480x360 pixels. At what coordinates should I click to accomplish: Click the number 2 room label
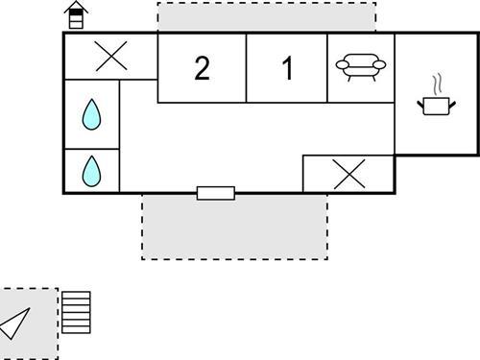[x=202, y=69]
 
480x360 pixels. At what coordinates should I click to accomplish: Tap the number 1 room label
[x=287, y=69]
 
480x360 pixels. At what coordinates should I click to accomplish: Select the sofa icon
[x=360, y=66]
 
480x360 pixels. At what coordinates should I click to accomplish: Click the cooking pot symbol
[x=436, y=105]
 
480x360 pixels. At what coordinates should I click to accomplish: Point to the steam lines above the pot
[x=437, y=83]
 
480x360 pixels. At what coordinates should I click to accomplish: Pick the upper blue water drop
[x=91, y=115]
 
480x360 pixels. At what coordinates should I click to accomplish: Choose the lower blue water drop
[x=91, y=171]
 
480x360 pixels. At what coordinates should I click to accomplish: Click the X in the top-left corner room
[x=111, y=58]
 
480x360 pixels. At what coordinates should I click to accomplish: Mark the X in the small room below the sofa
[x=348, y=174]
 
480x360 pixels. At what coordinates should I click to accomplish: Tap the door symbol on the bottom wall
[x=215, y=193]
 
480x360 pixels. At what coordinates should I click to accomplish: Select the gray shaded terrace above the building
[x=266, y=17]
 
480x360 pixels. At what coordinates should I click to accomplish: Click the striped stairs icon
[x=76, y=312]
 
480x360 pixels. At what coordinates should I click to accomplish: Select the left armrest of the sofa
[x=340, y=65]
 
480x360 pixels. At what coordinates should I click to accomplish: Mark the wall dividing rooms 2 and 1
[x=247, y=67]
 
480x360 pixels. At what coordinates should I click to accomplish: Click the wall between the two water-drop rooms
[x=91, y=149]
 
